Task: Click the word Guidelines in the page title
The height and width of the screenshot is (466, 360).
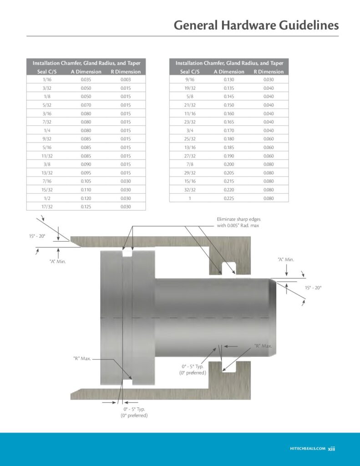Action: (x=309, y=25)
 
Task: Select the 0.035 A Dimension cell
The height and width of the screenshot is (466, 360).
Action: (x=86, y=80)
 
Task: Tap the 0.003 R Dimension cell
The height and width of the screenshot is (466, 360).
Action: (x=126, y=80)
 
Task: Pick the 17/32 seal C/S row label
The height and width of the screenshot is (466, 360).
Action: (x=47, y=207)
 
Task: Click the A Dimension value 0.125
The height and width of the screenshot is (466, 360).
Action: (x=86, y=207)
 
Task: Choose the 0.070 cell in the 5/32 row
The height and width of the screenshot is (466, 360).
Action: (x=86, y=105)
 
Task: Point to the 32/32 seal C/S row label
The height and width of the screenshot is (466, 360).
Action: (x=190, y=190)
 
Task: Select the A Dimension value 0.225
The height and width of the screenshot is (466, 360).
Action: (x=229, y=198)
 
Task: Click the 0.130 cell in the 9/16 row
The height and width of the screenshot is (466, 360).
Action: (x=229, y=80)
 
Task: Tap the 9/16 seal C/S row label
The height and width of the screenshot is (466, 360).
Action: (x=190, y=80)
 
